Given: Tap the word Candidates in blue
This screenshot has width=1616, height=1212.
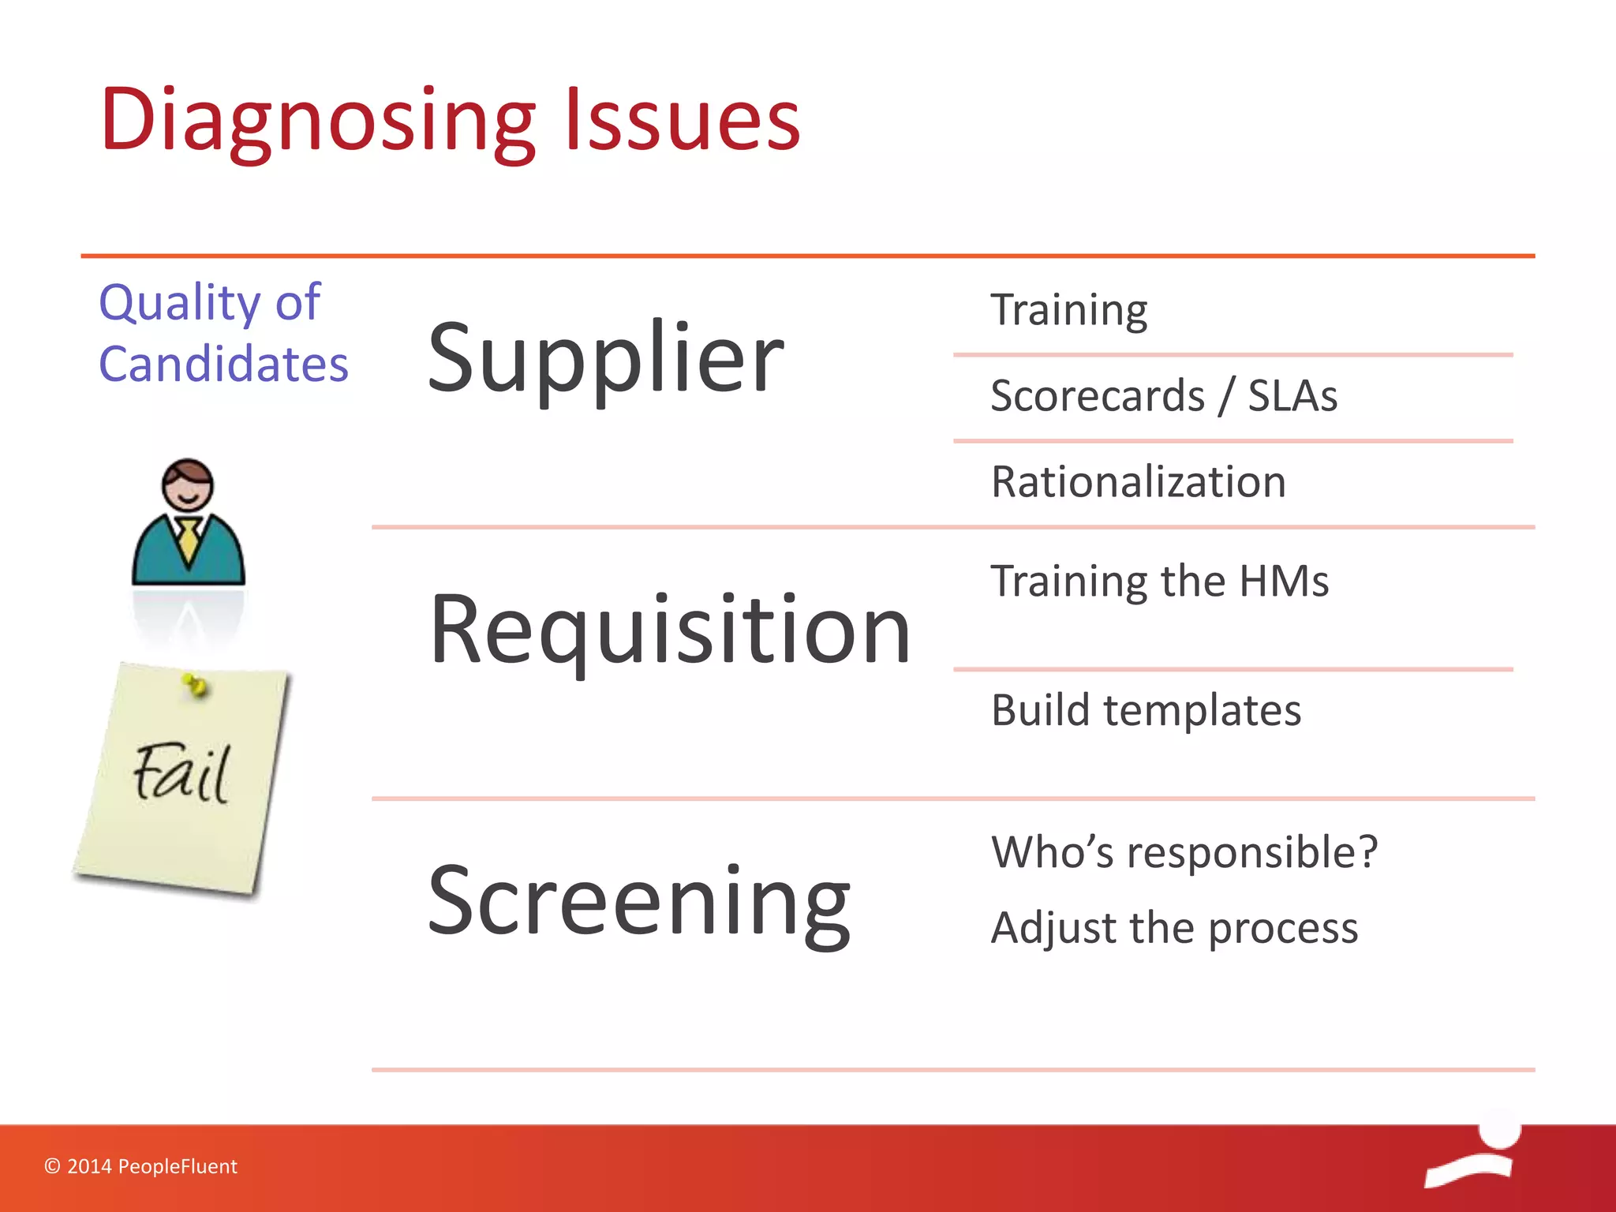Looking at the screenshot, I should (223, 365).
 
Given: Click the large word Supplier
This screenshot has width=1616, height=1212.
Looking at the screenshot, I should (605, 359).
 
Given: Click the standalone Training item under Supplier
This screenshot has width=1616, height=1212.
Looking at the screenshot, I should (1068, 310).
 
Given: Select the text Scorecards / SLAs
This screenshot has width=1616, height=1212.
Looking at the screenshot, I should (1164, 395).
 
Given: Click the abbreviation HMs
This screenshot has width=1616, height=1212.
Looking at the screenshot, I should (1284, 582).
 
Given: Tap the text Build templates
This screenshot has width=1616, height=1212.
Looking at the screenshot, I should (1146, 710).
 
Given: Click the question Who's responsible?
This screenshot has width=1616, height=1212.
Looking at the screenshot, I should (1184, 852).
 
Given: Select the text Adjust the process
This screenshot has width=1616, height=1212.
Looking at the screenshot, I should (1174, 927).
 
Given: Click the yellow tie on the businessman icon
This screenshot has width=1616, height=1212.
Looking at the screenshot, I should (189, 539).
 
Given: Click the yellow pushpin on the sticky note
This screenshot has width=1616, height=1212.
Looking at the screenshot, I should (194, 686).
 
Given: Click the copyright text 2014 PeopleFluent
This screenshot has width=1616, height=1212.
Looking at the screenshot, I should (141, 1166).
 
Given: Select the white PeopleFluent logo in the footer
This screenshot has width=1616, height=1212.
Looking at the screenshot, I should (1474, 1152).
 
